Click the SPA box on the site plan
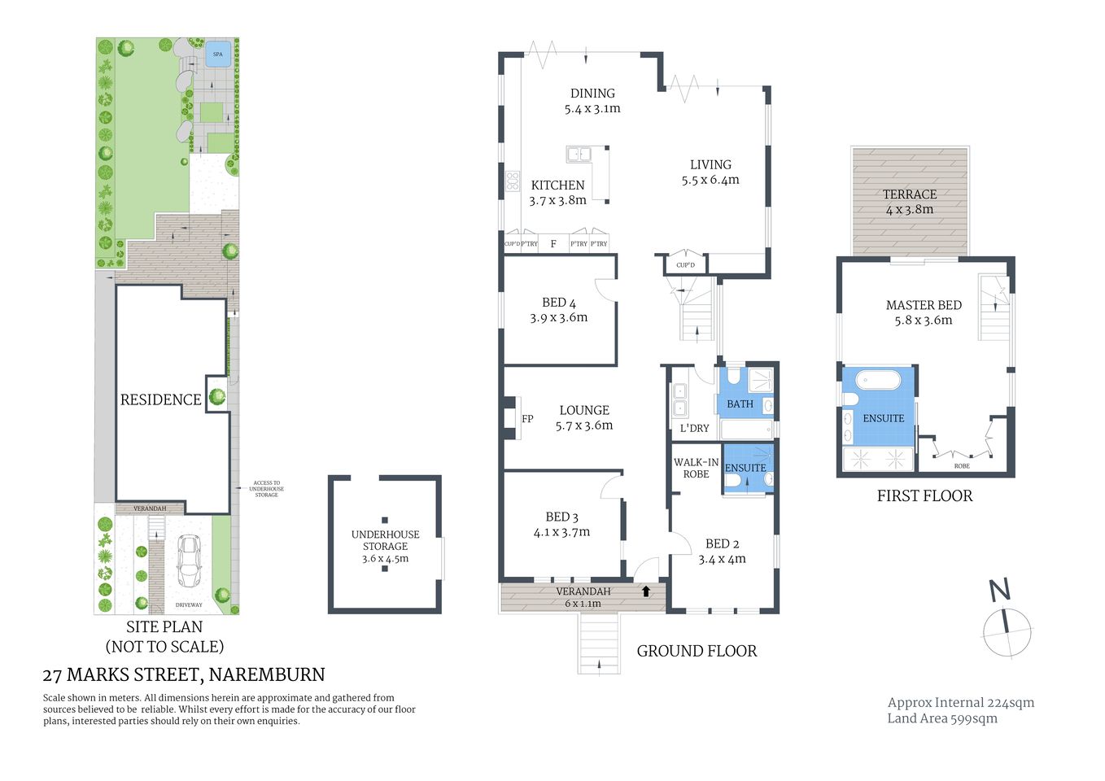217,55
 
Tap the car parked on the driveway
189,561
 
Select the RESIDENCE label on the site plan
160,399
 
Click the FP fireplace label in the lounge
527,419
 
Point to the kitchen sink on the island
579,154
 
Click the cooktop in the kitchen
513,181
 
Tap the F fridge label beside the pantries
553,244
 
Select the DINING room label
592,94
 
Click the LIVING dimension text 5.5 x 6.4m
710,181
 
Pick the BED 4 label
559,303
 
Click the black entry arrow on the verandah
646,591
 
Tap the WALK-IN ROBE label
696,468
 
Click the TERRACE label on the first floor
910,194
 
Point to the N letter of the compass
999,590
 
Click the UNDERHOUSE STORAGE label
386,540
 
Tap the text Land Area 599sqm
942,718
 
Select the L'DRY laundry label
694,428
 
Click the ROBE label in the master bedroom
962,466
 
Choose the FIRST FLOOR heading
924,496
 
